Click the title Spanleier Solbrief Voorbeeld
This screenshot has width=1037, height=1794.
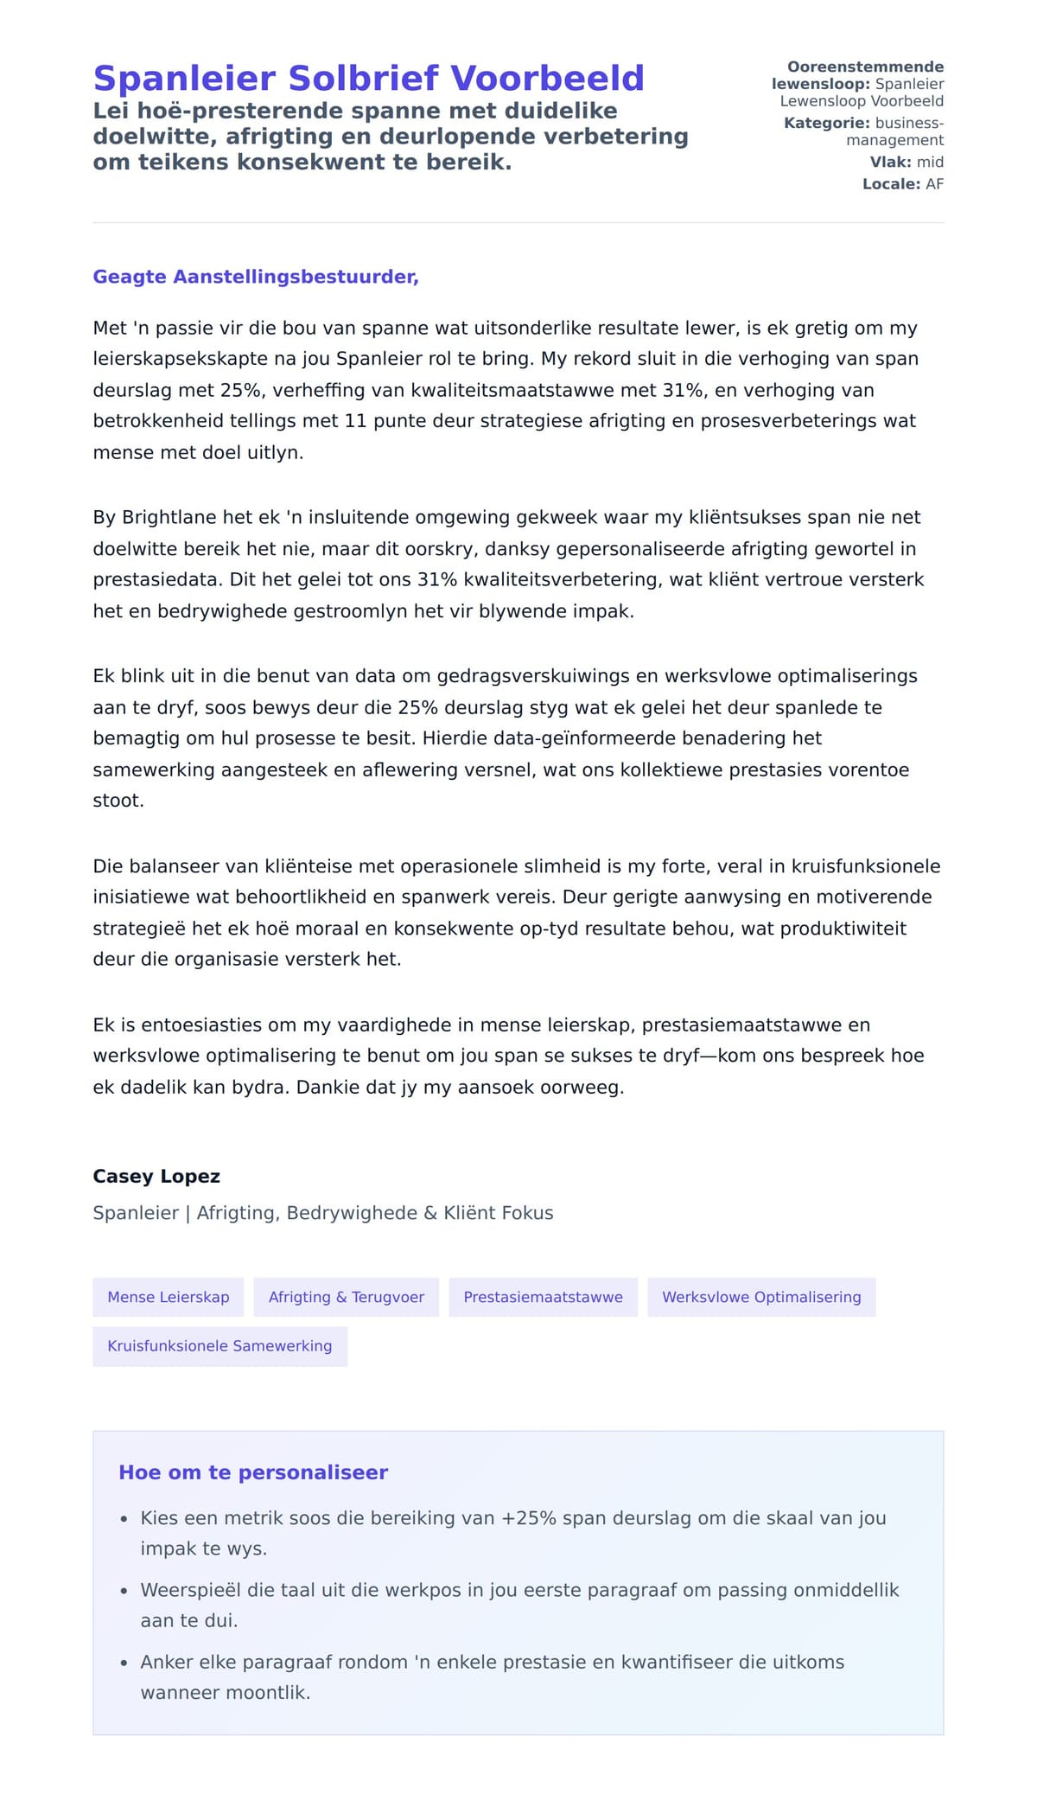pos(368,78)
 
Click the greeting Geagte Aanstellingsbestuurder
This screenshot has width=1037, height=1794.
pos(255,277)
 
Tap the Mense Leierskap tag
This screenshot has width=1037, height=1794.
pos(169,1297)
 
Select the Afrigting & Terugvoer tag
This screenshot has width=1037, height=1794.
pos(346,1297)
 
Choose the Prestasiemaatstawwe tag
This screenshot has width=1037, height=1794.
pos(543,1297)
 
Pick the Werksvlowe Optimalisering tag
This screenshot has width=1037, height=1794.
pos(761,1297)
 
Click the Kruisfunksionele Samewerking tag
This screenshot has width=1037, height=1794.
pos(219,1346)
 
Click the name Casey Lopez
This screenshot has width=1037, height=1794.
pos(156,1177)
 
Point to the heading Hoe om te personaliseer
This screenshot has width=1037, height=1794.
pos(253,1472)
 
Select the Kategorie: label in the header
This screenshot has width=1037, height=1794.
pos(826,123)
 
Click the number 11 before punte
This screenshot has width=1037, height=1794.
pos(356,421)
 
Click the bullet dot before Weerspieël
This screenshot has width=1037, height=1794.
pos(124,1591)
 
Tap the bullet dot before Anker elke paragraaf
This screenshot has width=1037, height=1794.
pos(124,1663)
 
